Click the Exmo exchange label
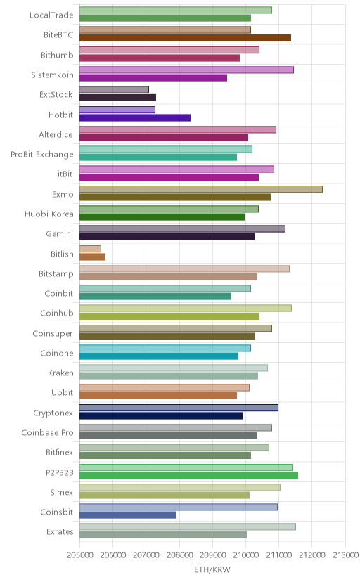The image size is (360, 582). click(63, 194)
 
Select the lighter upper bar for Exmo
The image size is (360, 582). click(201, 189)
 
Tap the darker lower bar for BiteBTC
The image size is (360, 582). click(185, 38)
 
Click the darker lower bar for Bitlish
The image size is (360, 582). click(92, 257)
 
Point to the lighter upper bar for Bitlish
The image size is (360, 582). click(90, 249)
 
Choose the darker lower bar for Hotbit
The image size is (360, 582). click(135, 117)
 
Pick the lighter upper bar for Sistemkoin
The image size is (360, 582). click(186, 70)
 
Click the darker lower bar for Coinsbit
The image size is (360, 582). click(128, 515)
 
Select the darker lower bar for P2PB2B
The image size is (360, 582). click(188, 475)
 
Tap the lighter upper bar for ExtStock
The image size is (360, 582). click(114, 89)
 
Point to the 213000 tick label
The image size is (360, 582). click(345, 555)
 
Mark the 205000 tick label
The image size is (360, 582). click(79, 555)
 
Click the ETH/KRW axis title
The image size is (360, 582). click(212, 570)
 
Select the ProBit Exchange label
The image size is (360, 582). click(42, 155)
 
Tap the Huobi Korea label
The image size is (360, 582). click(49, 214)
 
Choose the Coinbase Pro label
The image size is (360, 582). click(48, 433)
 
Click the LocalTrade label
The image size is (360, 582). click(51, 15)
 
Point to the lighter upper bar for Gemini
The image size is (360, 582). click(182, 228)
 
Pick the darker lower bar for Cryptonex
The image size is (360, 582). click(161, 415)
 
